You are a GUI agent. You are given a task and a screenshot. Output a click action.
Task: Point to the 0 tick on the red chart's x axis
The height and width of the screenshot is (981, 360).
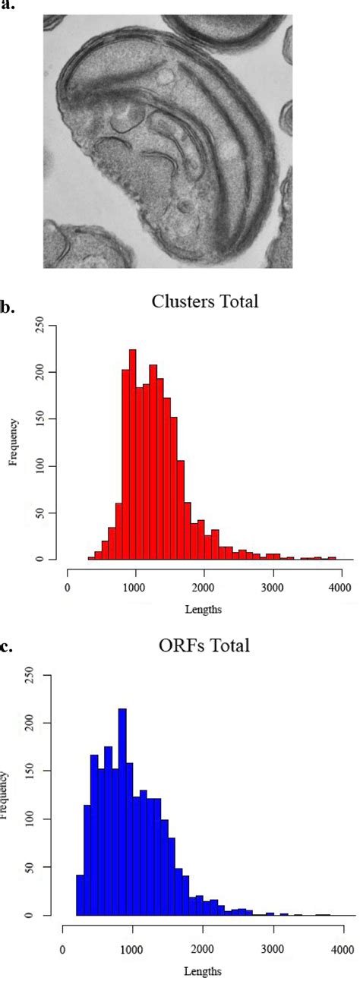click(68, 585)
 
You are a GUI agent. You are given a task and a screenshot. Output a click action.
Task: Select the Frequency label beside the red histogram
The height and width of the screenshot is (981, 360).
click(14, 443)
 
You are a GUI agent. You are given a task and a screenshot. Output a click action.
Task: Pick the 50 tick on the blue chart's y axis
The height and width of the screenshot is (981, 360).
click(42, 867)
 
